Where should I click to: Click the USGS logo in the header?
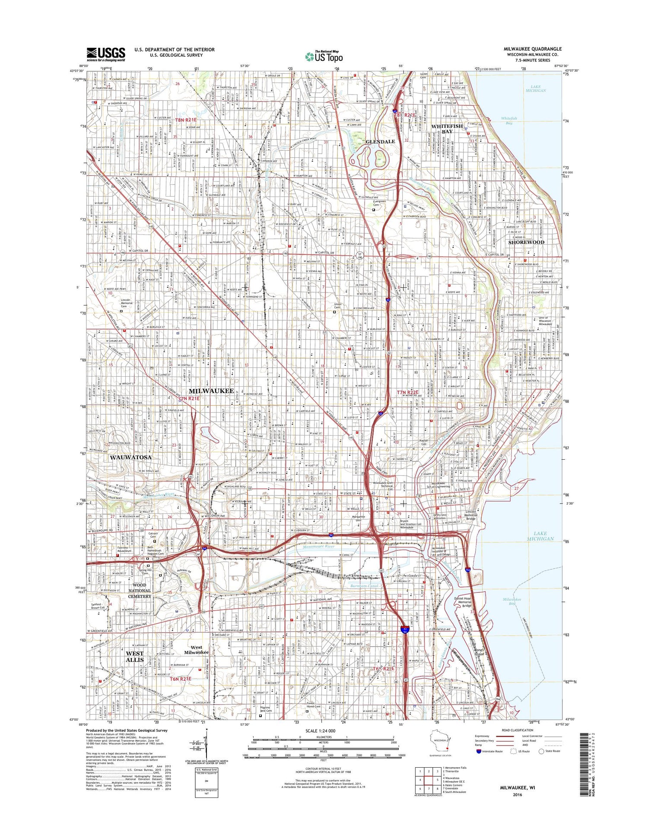coord(106,54)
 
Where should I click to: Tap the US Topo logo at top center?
coord(324,56)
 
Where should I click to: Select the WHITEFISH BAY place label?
coord(447,129)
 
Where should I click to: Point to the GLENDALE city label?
coord(380,142)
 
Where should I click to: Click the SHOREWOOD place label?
coord(526,242)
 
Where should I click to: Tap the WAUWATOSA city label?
coord(130,457)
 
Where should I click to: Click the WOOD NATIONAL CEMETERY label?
coord(140,591)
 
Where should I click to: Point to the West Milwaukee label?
coord(196,650)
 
